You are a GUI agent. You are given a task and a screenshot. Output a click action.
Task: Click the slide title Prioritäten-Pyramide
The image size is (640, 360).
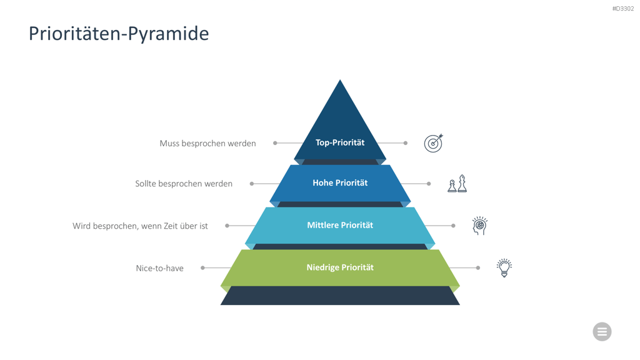point(119,34)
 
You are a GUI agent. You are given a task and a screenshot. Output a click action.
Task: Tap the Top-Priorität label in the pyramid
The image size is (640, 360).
point(340,142)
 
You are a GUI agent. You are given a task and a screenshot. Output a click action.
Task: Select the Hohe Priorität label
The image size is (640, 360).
point(340,183)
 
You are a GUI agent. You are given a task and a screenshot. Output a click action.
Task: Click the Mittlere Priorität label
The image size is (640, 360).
point(340,225)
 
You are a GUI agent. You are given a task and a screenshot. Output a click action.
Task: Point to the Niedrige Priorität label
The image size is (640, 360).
point(340,267)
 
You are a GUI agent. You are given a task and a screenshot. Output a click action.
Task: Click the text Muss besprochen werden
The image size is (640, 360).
point(207,143)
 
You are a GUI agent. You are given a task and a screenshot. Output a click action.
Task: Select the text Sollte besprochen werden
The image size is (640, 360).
point(184,184)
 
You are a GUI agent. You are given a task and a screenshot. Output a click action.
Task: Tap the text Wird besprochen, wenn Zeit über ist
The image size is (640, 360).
point(140,226)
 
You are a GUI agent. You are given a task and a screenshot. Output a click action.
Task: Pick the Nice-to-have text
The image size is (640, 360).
point(159,268)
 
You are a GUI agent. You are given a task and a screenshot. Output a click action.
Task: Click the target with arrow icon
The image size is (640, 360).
point(434,143)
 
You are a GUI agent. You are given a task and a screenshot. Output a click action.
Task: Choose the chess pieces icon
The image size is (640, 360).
point(457,184)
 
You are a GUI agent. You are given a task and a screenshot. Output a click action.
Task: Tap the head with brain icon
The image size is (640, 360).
point(479,226)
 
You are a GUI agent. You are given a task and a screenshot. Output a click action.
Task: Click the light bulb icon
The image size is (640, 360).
point(504,267)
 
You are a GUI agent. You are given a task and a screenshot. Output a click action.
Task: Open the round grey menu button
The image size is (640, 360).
point(602,331)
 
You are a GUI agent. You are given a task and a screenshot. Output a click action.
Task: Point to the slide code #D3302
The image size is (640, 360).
point(623,9)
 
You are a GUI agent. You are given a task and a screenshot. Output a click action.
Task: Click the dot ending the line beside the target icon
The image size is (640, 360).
point(405,143)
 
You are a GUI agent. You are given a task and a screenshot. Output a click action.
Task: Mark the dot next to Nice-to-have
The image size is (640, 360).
point(202,267)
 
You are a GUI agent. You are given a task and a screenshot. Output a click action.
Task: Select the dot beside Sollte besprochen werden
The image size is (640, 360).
point(252,184)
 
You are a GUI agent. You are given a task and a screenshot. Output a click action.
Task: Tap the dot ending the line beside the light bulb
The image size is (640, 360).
point(478,267)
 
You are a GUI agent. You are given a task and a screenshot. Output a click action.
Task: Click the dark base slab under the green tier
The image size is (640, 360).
point(340,296)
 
